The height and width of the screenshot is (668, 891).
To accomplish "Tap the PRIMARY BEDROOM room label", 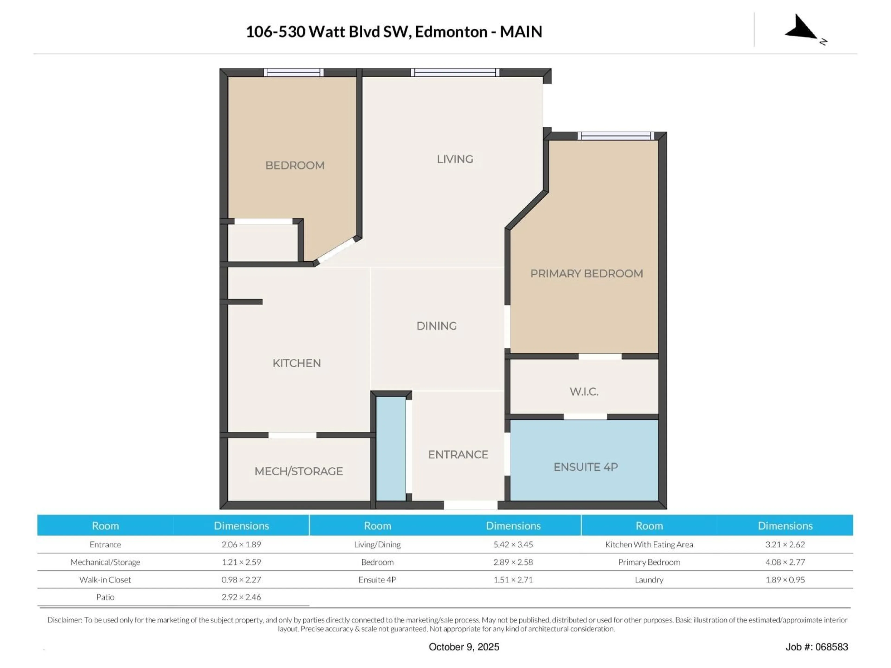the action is [587, 273].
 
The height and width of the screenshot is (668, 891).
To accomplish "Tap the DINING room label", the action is [437, 325].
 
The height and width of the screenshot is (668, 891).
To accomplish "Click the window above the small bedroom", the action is [294, 72].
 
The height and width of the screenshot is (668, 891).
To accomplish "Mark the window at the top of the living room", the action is [455, 72].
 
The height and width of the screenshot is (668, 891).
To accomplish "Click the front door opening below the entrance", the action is [471, 505].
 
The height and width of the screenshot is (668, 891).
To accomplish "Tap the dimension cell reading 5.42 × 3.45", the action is [513, 544].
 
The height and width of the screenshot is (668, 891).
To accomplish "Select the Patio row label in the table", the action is [105, 597].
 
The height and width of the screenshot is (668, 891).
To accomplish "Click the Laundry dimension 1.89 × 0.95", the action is [785, 580].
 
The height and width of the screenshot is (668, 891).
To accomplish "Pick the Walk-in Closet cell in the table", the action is [105, 580].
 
